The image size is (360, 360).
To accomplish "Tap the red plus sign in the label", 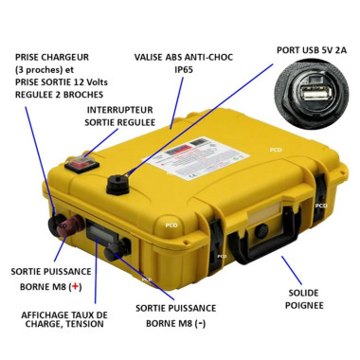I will click(76, 285).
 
